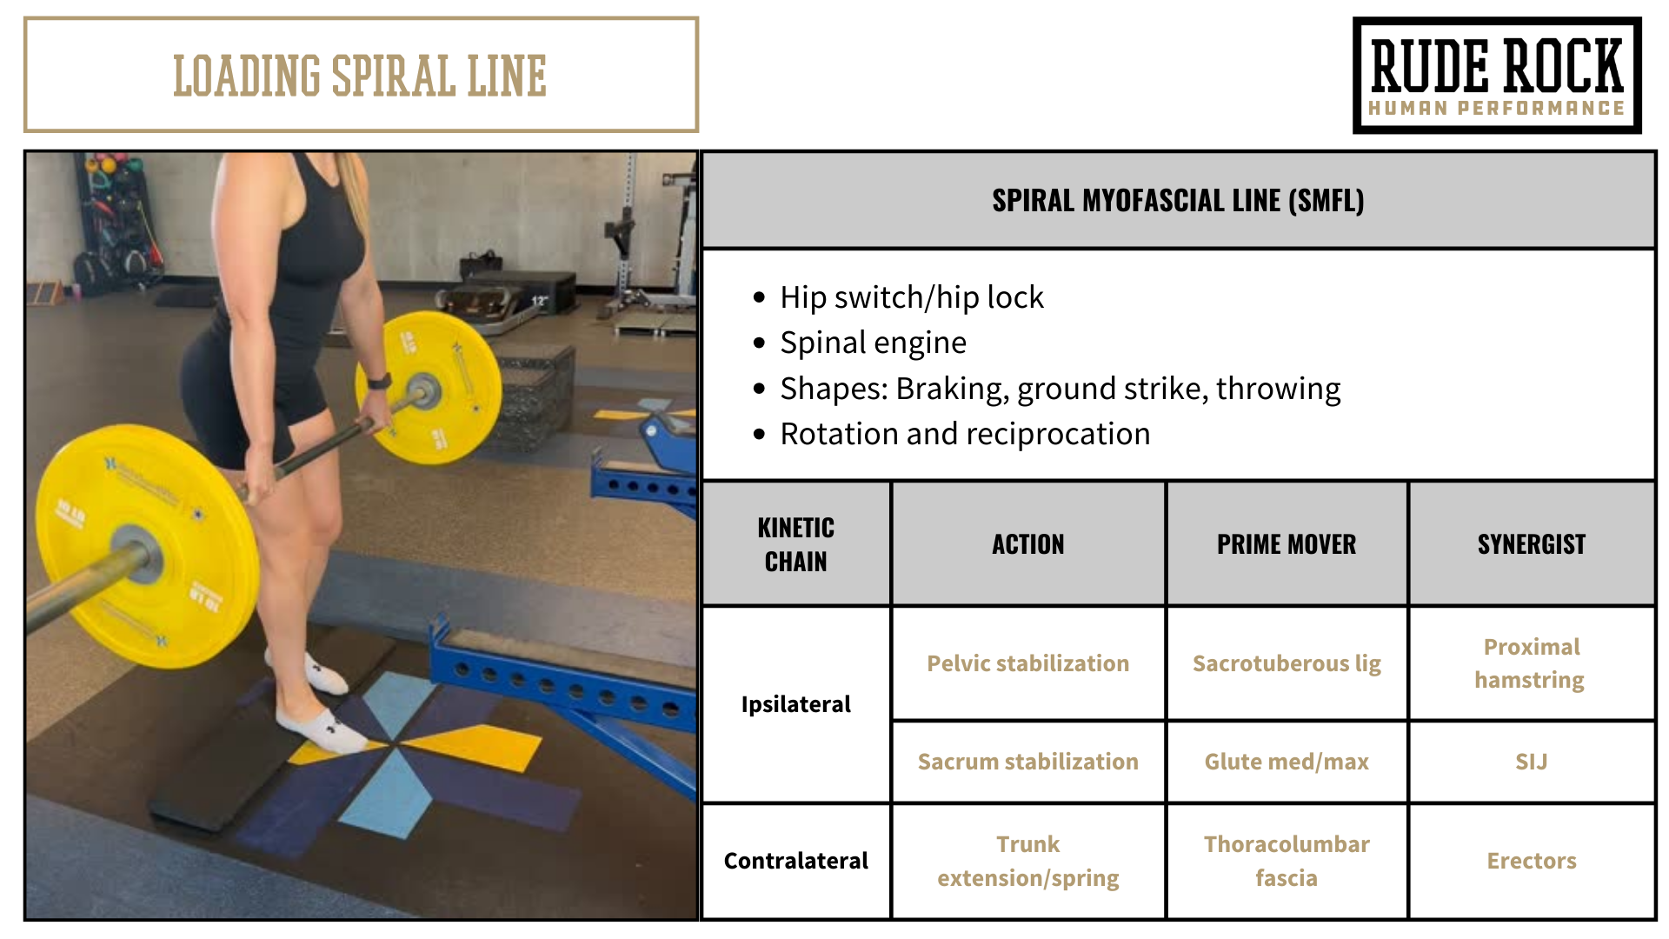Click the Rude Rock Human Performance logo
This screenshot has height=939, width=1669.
pos(1496,76)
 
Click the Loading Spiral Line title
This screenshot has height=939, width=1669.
pos(360,76)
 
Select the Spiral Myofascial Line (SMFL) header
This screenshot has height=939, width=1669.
pos(1178,201)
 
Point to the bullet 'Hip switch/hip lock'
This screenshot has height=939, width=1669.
pos(911,297)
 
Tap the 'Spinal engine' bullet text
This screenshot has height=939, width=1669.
pos(873,343)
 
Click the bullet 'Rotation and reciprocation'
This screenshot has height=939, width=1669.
pos(965,434)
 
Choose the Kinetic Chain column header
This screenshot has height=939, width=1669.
pos(795,544)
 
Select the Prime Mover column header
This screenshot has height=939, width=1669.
pos(1287,544)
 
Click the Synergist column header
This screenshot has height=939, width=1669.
pos(1532,544)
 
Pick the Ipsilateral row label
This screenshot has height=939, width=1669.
pos(795,704)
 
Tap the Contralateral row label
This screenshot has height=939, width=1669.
pos(795,861)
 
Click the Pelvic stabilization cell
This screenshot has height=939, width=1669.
pos(1027,663)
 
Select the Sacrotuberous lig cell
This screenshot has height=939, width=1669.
pos(1287,663)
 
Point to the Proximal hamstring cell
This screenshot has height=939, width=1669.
pos(1532,663)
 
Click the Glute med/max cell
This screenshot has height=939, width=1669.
pos(1287,762)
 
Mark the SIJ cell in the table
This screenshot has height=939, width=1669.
pos(1532,762)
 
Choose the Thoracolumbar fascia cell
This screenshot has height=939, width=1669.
pos(1287,861)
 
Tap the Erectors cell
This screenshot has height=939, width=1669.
pos(1532,861)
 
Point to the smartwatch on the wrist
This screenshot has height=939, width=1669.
pos(378,381)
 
